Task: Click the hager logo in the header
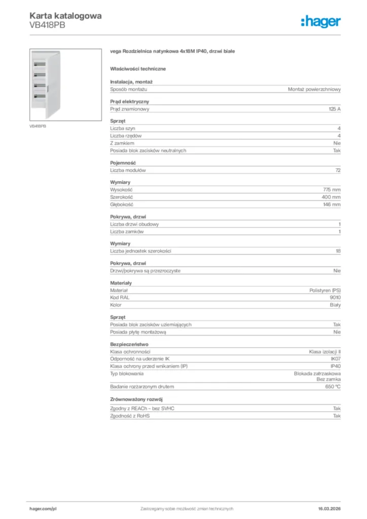pyautogui.click(x=320, y=21)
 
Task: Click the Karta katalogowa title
pyautogui.click(x=65, y=16)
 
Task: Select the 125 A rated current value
pyautogui.click(x=335, y=109)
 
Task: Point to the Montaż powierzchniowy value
pyautogui.click(x=314, y=89)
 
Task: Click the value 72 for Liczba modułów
pyautogui.click(x=338, y=170)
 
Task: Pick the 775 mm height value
pyautogui.click(x=332, y=190)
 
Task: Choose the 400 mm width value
pyautogui.click(x=331, y=197)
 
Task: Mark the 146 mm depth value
pyautogui.click(x=332, y=204)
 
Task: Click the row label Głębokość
pyautogui.click(x=122, y=204)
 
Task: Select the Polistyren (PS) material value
pyautogui.click(x=325, y=290)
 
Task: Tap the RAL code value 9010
pyautogui.click(x=335, y=298)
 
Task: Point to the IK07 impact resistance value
pyautogui.click(x=335, y=359)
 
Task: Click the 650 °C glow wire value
pyautogui.click(x=332, y=387)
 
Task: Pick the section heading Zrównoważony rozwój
pyautogui.click(x=136, y=399)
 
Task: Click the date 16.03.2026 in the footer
pyautogui.click(x=326, y=508)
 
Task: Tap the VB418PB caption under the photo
pyautogui.click(x=38, y=126)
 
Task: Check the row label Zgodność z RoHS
pyautogui.click(x=130, y=416)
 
